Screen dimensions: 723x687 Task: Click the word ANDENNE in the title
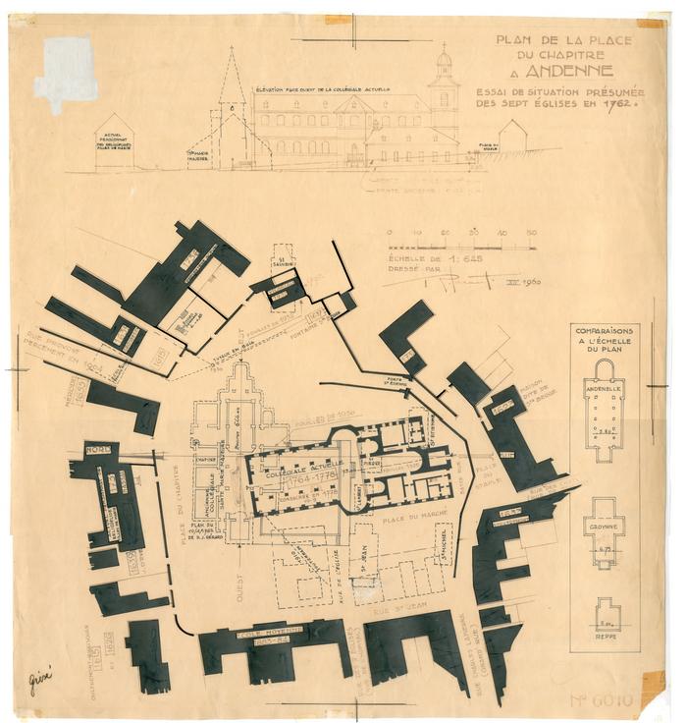(x=568, y=72)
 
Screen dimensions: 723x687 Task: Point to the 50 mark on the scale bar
(x=531, y=233)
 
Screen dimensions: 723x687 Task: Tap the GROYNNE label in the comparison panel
(x=604, y=528)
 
